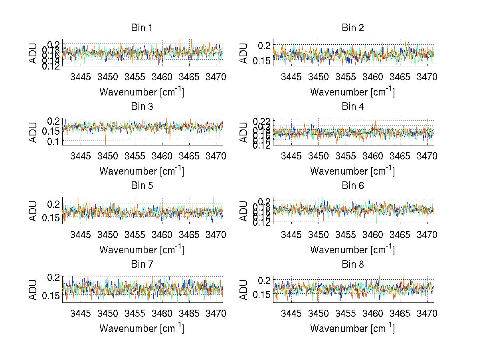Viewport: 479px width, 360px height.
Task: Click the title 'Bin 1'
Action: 142,28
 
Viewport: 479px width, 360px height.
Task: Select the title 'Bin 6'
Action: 352,185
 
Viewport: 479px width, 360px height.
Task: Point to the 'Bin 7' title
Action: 142,264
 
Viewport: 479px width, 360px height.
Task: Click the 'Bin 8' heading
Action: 352,264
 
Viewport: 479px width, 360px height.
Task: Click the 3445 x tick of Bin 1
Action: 81,77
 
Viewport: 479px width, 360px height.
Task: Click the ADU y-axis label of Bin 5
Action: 33,211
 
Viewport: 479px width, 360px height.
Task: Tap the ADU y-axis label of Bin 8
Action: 244,289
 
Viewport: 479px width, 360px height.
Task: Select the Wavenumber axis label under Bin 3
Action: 142,171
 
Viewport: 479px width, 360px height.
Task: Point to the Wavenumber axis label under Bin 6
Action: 352,249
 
